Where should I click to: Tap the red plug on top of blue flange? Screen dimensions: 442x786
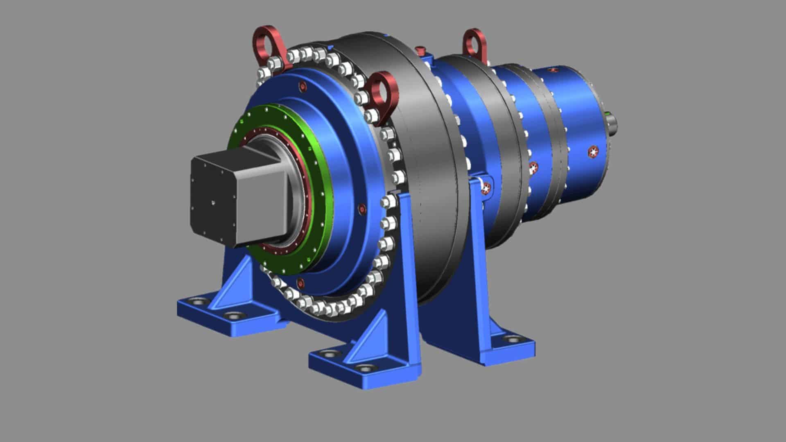(x=302, y=87)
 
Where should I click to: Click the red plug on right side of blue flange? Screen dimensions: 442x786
(x=361, y=210)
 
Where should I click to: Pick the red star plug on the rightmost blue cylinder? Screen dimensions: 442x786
(x=593, y=152)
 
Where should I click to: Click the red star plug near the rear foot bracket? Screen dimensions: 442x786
(x=486, y=188)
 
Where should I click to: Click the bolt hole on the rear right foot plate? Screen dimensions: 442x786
(x=512, y=338)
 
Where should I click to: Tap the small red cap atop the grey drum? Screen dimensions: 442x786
(x=420, y=50)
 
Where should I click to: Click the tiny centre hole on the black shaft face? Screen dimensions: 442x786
(x=213, y=201)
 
